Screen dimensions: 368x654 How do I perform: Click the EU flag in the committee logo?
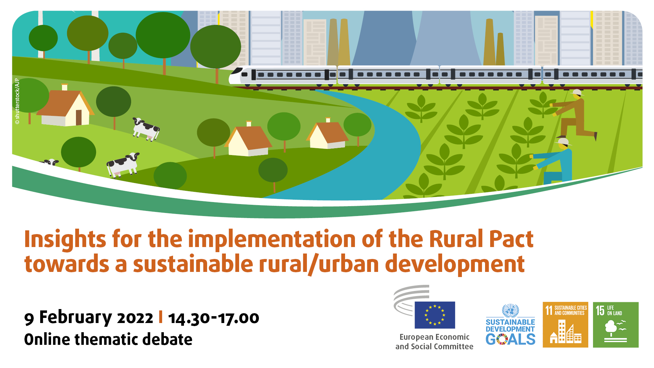[435, 315]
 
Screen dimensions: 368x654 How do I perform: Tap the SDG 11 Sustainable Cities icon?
[565, 325]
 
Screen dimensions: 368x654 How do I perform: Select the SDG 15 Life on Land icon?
[616, 325]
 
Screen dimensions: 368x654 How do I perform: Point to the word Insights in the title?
[65, 239]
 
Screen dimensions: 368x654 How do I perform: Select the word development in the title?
[455, 264]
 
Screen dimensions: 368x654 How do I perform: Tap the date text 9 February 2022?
[89, 318]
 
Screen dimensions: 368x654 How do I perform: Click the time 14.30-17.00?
[214, 318]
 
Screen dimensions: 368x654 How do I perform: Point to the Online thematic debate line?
[108, 339]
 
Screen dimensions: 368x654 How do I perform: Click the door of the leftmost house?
[79, 117]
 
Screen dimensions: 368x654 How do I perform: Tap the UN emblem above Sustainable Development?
[510, 311]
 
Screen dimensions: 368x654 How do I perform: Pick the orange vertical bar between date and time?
[160, 317]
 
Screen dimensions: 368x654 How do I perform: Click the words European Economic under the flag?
[434, 337]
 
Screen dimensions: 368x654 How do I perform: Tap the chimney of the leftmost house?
[64, 87]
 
